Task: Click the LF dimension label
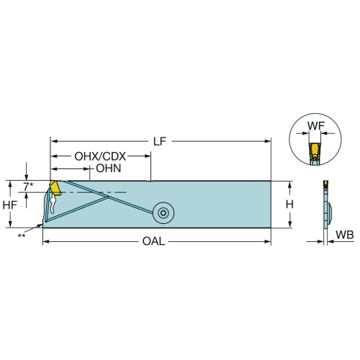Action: [160, 142]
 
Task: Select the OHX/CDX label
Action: [100, 156]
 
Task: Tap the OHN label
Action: [109, 168]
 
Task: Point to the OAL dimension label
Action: [153, 241]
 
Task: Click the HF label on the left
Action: [10, 204]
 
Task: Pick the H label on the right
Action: [289, 204]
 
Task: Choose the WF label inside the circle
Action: [316, 126]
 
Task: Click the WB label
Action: [345, 235]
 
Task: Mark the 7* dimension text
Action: [28, 186]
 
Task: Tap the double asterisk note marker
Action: [22, 235]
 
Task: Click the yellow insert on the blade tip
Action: [55, 187]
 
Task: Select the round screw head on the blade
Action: [163, 213]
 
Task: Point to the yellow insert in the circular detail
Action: [315, 150]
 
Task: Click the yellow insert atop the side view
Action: [325, 184]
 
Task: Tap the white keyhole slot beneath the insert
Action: [53, 204]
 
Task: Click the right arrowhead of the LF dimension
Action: [268, 141]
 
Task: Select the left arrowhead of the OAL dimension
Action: [46, 241]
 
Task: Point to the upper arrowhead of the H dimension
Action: [289, 184]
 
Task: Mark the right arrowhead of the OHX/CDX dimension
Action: [148, 156]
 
